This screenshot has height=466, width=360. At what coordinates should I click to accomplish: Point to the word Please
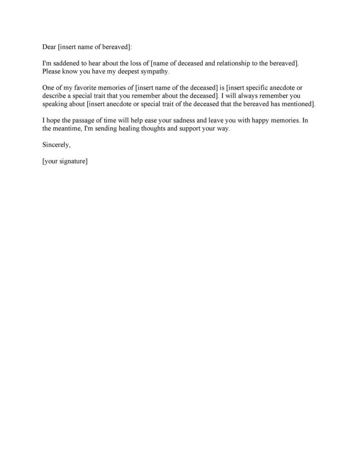52,72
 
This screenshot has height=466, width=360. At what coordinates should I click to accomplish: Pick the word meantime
67,129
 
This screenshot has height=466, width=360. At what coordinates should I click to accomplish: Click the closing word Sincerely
57,145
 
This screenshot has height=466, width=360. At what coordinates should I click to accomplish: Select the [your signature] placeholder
65,161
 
